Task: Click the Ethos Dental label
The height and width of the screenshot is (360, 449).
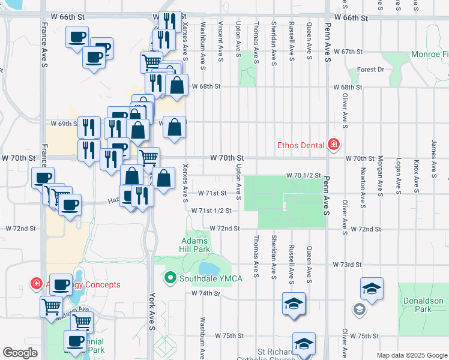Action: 300,145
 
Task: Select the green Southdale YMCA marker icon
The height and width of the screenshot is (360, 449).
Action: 170,278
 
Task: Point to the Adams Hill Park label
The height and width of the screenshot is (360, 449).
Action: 195,244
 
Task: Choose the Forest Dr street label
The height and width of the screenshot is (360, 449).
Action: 370,70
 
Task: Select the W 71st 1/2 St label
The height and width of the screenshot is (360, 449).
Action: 212,211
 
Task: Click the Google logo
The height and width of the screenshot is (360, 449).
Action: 20,353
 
